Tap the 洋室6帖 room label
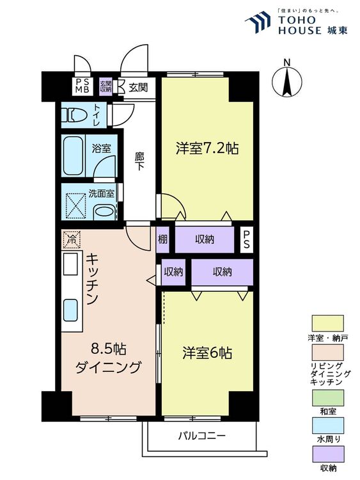(206, 353)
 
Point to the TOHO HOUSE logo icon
(260, 20)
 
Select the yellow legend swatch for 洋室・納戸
(327, 323)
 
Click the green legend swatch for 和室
(327, 399)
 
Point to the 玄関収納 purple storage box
(106, 86)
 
